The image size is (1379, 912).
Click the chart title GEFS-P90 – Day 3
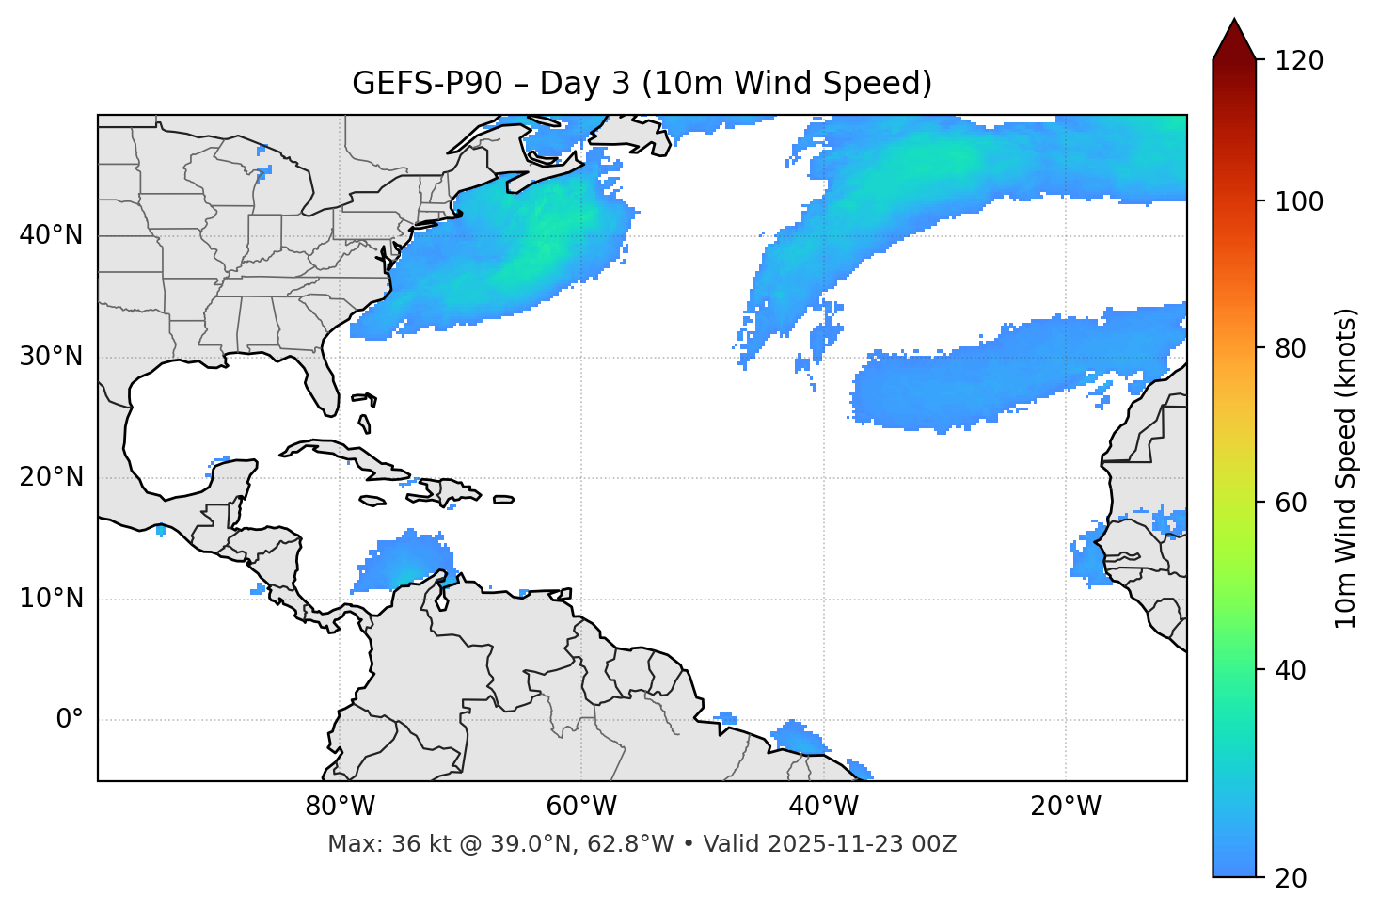(x=642, y=84)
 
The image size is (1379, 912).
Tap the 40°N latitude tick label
(x=51, y=234)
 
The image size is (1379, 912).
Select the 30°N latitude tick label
(x=51, y=357)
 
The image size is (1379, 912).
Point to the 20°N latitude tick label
(x=51, y=477)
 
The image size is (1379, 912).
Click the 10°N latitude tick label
(x=51, y=599)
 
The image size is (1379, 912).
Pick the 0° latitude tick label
(x=70, y=720)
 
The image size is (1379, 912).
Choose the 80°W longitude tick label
(x=340, y=807)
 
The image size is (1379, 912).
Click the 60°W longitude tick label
(x=581, y=807)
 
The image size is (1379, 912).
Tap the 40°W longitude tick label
(x=823, y=807)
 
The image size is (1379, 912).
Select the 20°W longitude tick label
(x=1065, y=807)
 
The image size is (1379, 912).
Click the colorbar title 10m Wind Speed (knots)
(x=1346, y=468)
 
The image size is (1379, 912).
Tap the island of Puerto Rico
(x=503, y=500)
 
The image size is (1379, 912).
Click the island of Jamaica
(x=372, y=502)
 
